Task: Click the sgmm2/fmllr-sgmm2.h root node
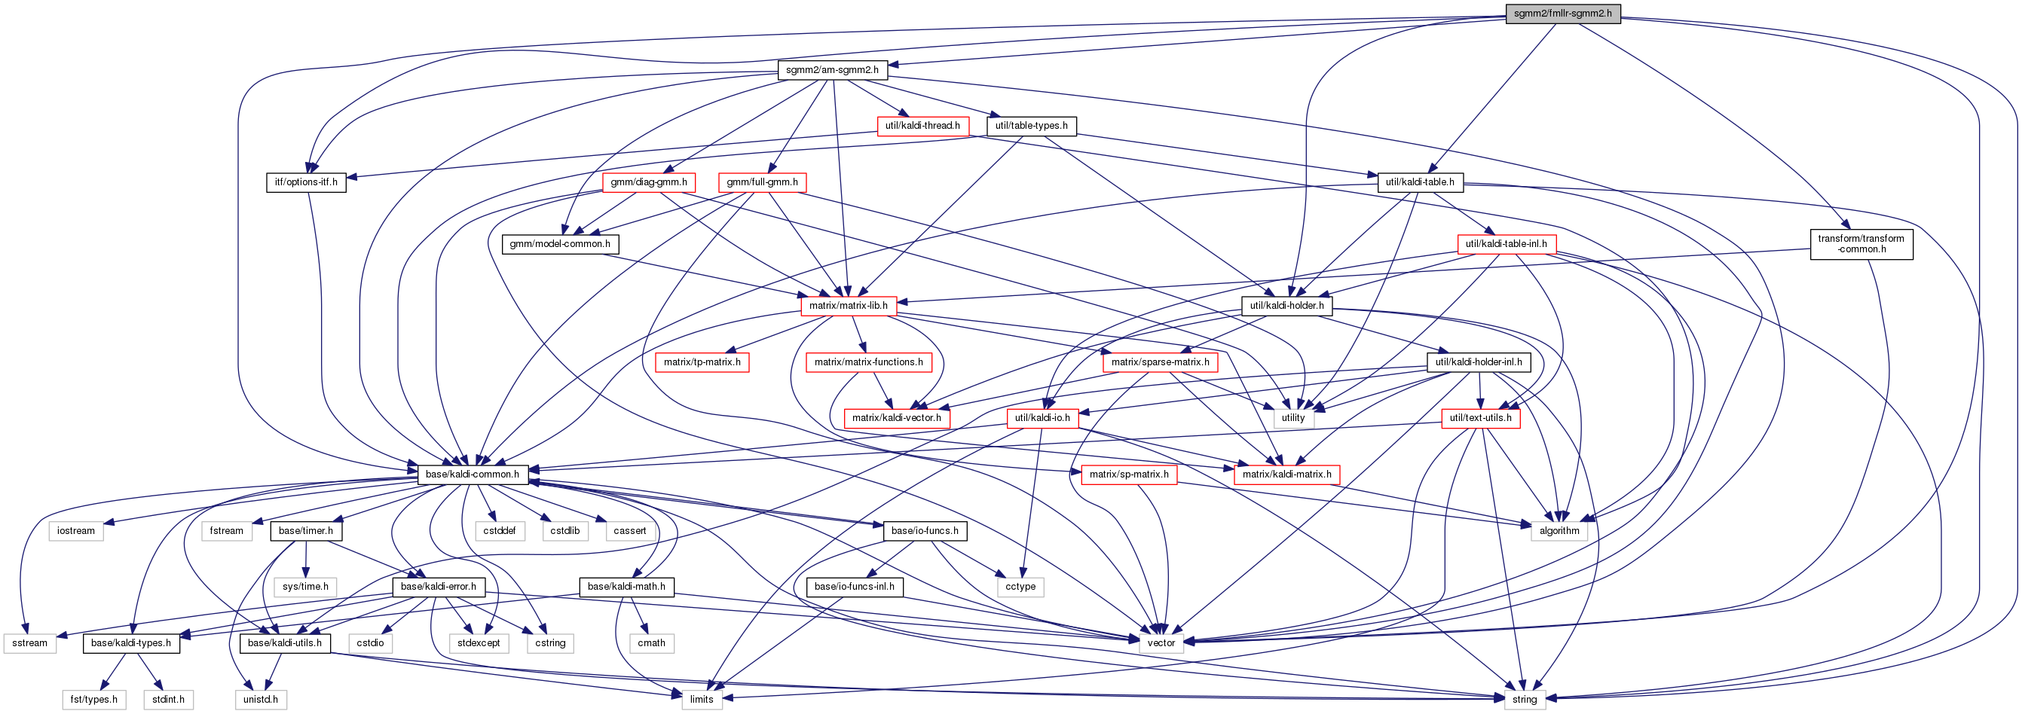click(x=1562, y=14)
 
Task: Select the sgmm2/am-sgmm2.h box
click(x=832, y=70)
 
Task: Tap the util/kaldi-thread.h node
click(x=922, y=126)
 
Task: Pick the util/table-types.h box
click(x=1032, y=126)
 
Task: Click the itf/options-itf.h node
click(x=306, y=182)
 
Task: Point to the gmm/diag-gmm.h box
click(x=648, y=182)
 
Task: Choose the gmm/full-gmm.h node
click(x=762, y=182)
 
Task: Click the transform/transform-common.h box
click(x=1860, y=244)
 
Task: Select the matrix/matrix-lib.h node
click(x=849, y=306)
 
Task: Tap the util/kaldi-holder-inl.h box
click(x=1478, y=362)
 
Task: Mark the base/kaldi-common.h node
click(x=472, y=474)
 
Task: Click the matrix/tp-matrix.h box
click(x=702, y=362)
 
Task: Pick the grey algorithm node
click(x=1559, y=530)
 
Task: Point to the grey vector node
click(x=1161, y=642)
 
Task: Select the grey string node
click(x=1525, y=699)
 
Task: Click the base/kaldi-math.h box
click(x=626, y=586)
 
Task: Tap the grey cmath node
click(x=650, y=642)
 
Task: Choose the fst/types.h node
click(x=93, y=699)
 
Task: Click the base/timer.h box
click(x=305, y=530)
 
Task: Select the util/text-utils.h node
click(x=1480, y=417)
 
